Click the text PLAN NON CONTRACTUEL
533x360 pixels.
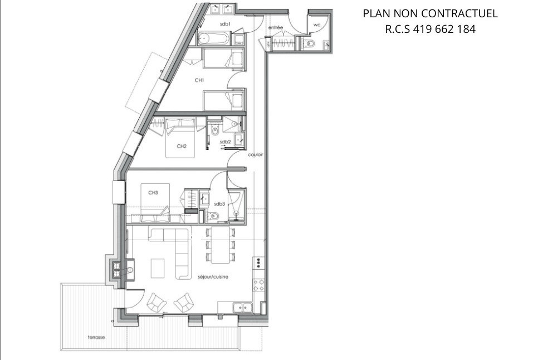[x=430, y=13]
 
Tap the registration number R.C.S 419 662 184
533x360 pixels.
[x=430, y=30]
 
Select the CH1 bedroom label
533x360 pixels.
[x=199, y=81]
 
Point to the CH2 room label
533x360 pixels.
[x=181, y=147]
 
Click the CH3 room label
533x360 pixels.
[x=153, y=192]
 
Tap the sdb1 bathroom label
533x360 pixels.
[x=225, y=24]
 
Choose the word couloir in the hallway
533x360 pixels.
[x=255, y=154]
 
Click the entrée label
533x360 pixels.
[x=275, y=27]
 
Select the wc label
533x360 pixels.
[x=316, y=25]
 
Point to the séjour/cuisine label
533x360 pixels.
[x=213, y=276]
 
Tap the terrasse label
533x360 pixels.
[x=96, y=337]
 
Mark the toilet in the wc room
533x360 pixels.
[x=310, y=44]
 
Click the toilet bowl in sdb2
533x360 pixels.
[x=215, y=132]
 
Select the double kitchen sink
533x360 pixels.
[x=242, y=306]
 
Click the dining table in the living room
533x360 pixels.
[x=222, y=245]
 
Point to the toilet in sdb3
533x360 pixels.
[x=215, y=216]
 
